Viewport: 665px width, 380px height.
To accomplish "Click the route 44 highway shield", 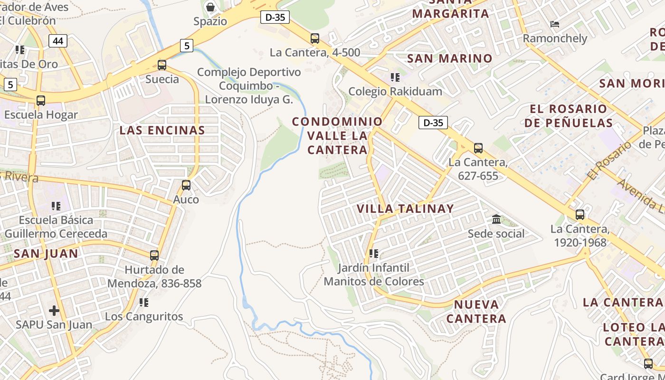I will (x=58, y=41).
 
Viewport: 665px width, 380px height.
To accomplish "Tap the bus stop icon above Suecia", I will (x=162, y=65).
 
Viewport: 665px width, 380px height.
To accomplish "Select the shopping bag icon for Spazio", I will (x=210, y=7).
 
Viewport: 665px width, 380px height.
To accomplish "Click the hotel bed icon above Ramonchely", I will (x=554, y=24).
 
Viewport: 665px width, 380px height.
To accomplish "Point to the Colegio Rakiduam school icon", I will (x=395, y=77).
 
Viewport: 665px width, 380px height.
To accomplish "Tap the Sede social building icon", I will (x=496, y=219).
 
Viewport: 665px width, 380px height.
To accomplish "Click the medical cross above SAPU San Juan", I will (x=54, y=311).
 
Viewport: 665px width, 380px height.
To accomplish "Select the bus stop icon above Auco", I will (x=186, y=185).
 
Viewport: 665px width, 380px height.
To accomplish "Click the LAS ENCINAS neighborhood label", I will (x=162, y=130).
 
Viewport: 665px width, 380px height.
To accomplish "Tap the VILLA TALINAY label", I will (x=405, y=209).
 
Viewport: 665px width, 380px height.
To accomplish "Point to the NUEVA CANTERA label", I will (x=476, y=311).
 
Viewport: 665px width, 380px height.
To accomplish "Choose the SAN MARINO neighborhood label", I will (x=450, y=58).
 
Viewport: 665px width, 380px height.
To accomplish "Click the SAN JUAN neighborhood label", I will (x=46, y=254).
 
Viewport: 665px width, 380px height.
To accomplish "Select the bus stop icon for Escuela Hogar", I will (x=41, y=101).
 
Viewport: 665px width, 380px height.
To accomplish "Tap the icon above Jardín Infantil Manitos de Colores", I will (x=374, y=254).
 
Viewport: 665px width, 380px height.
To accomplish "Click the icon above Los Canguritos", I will (x=143, y=302).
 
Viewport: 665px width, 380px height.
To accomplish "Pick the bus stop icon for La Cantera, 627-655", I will (x=478, y=148).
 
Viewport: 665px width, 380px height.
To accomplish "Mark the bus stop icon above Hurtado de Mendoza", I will (x=154, y=256).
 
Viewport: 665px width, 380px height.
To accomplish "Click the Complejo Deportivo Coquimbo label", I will (x=249, y=86).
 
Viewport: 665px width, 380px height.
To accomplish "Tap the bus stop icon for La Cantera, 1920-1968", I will (x=580, y=215).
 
